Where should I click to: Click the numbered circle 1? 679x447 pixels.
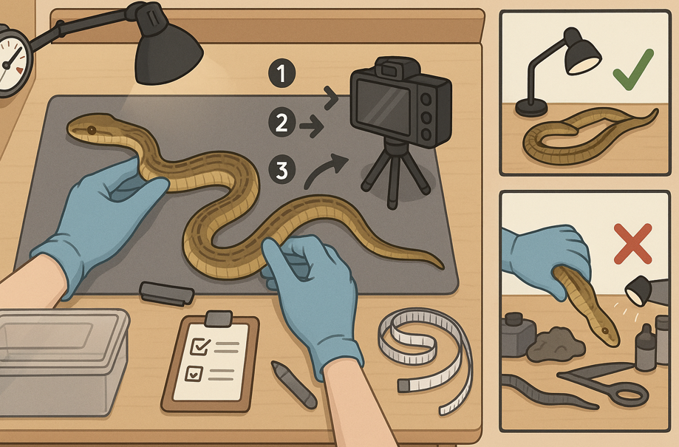click(x=282, y=73)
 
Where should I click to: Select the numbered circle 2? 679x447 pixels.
click(x=282, y=122)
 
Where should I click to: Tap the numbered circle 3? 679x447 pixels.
click(x=282, y=169)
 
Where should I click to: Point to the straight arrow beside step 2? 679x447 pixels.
click(x=312, y=126)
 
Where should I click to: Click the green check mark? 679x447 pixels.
click(x=633, y=69)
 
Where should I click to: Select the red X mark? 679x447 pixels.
click(x=632, y=243)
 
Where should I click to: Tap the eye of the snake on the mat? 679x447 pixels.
click(x=92, y=130)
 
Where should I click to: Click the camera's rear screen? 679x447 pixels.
click(x=383, y=106)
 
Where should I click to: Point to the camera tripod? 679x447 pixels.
click(x=393, y=173)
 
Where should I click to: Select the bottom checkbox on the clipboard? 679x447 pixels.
click(x=194, y=373)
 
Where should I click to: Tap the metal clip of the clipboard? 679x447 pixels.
click(x=219, y=318)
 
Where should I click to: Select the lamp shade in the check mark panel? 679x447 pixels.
click(x=582, y=54)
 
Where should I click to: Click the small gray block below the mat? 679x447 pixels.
click(x=166, y=293)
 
